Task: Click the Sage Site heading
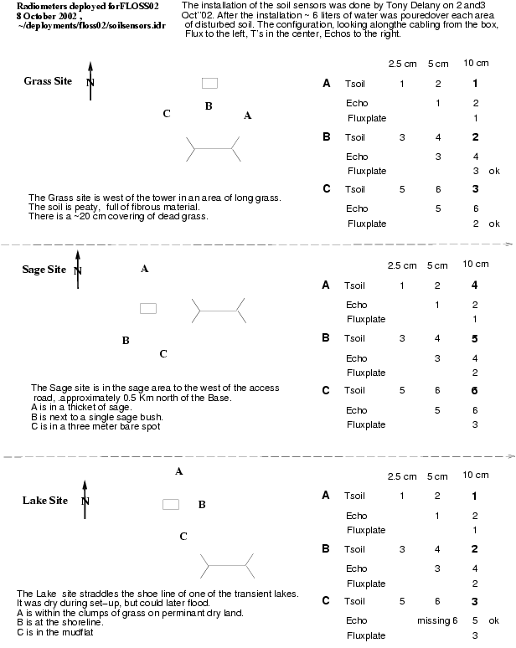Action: tap(44, 270)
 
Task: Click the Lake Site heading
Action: tap(44, 500)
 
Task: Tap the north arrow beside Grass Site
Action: tap(90, 80)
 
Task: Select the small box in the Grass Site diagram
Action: tap(209, 83)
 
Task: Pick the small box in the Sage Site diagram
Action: tap(148, 308)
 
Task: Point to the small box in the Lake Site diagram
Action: tap(171, 504)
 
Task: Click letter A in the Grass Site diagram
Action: tap(247, 116)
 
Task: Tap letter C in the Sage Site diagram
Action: tap(163, 353)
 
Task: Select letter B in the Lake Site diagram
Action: tap(202, 505)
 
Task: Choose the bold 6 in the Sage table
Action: tap(475, 390)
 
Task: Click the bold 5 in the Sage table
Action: tap(475, 338)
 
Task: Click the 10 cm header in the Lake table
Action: tap(475, 476)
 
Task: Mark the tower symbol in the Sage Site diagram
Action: tap(219, 311)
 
